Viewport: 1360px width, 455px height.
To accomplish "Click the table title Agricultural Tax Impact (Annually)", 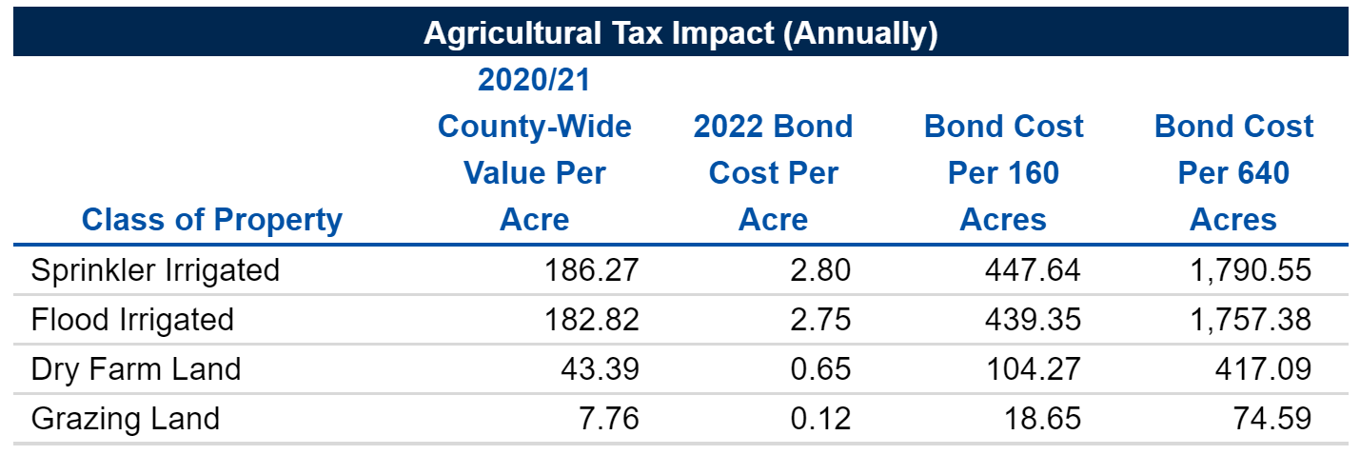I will (680, 33).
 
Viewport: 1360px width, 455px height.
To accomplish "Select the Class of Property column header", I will (211, 220).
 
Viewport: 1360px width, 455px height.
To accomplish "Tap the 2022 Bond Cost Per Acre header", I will (774, 173).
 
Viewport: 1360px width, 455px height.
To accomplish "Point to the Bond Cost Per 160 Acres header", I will (1004, 173).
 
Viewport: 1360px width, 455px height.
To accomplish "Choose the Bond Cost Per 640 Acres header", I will (1233, 173).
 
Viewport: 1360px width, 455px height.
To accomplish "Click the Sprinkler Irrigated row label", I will (156, 270).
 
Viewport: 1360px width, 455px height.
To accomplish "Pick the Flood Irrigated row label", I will (132, 320).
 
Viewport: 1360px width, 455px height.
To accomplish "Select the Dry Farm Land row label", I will (136, 368).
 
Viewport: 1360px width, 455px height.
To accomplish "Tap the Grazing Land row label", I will (126, 418).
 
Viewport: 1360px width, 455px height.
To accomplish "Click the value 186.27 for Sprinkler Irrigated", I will (591, 270).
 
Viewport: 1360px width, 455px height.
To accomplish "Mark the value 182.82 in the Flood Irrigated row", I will (591, 320).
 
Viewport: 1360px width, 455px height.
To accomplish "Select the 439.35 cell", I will (1032, 320).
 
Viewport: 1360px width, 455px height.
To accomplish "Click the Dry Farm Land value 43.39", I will (601, 368).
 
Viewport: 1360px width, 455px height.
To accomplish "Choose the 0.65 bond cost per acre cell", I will (821, 368).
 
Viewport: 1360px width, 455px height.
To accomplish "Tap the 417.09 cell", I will (1264, 368).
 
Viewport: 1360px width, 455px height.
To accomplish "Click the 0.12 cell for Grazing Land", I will (821, 418).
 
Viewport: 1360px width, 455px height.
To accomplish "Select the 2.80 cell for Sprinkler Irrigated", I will (821, 270).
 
